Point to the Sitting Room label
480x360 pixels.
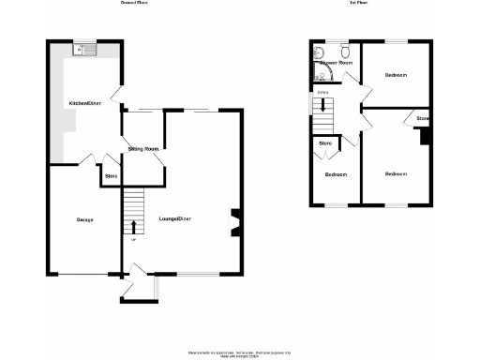(x=142, y=148)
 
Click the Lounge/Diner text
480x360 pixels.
(x=175, y=219)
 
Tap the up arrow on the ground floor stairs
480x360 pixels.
(x=133, y=226)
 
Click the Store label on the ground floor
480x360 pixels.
(x=111, y=176)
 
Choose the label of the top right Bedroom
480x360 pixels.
(x=396, y=75)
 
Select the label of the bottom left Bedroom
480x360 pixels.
(x=336, y=174)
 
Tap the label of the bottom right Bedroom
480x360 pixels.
(x=396, y=173)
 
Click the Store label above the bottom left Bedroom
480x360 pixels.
(x=325, y=143)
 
